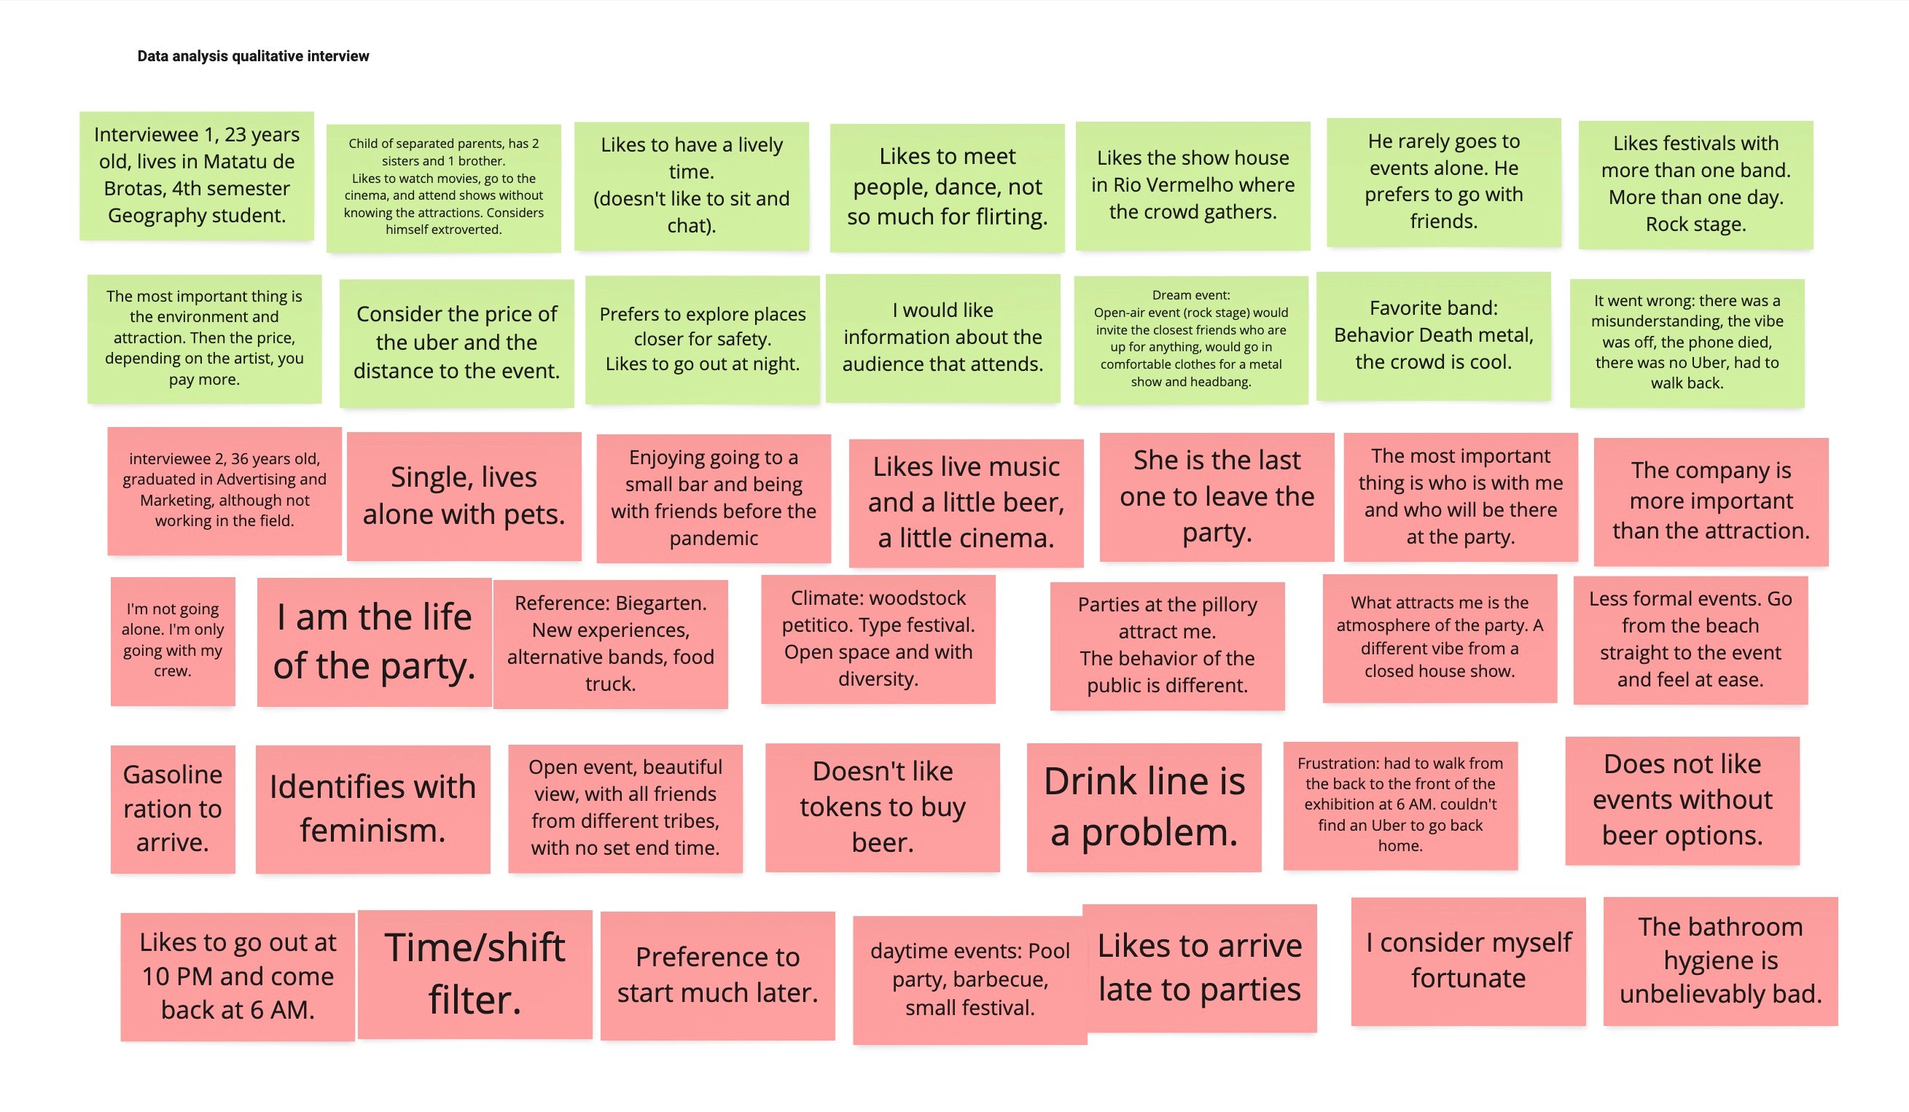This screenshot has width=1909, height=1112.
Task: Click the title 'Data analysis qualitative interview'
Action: click(x=253, y=56)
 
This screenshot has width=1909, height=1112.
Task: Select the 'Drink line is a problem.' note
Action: click(x=1143, y=807)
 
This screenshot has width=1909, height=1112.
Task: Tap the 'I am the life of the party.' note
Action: click(x=374, y=641)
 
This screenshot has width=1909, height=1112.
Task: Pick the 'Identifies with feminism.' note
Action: click(x=372, y=808)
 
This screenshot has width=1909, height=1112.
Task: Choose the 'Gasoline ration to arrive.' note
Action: click(x=173, y=808)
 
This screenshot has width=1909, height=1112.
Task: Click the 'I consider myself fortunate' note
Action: click(x=1467, y=960)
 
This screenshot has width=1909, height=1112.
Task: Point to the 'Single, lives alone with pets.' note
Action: click(x=464, y=496)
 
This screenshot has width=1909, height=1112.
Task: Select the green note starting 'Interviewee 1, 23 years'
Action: click(x=197, y=175)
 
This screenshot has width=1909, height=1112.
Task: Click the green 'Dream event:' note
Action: click(x=1190, y=339)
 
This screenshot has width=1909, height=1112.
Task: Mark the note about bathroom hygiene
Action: click(x=1719, y=960)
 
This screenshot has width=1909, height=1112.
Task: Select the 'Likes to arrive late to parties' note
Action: click(x=1199, y=967)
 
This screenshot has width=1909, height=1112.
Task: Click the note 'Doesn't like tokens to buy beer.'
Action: click(x=882, y=807)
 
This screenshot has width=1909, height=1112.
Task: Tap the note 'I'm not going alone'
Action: click(x=173, y=640)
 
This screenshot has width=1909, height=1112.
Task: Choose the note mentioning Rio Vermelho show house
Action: click(x=1192, y=185)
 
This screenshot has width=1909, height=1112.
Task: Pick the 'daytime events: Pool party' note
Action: click(x=969, y=979)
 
